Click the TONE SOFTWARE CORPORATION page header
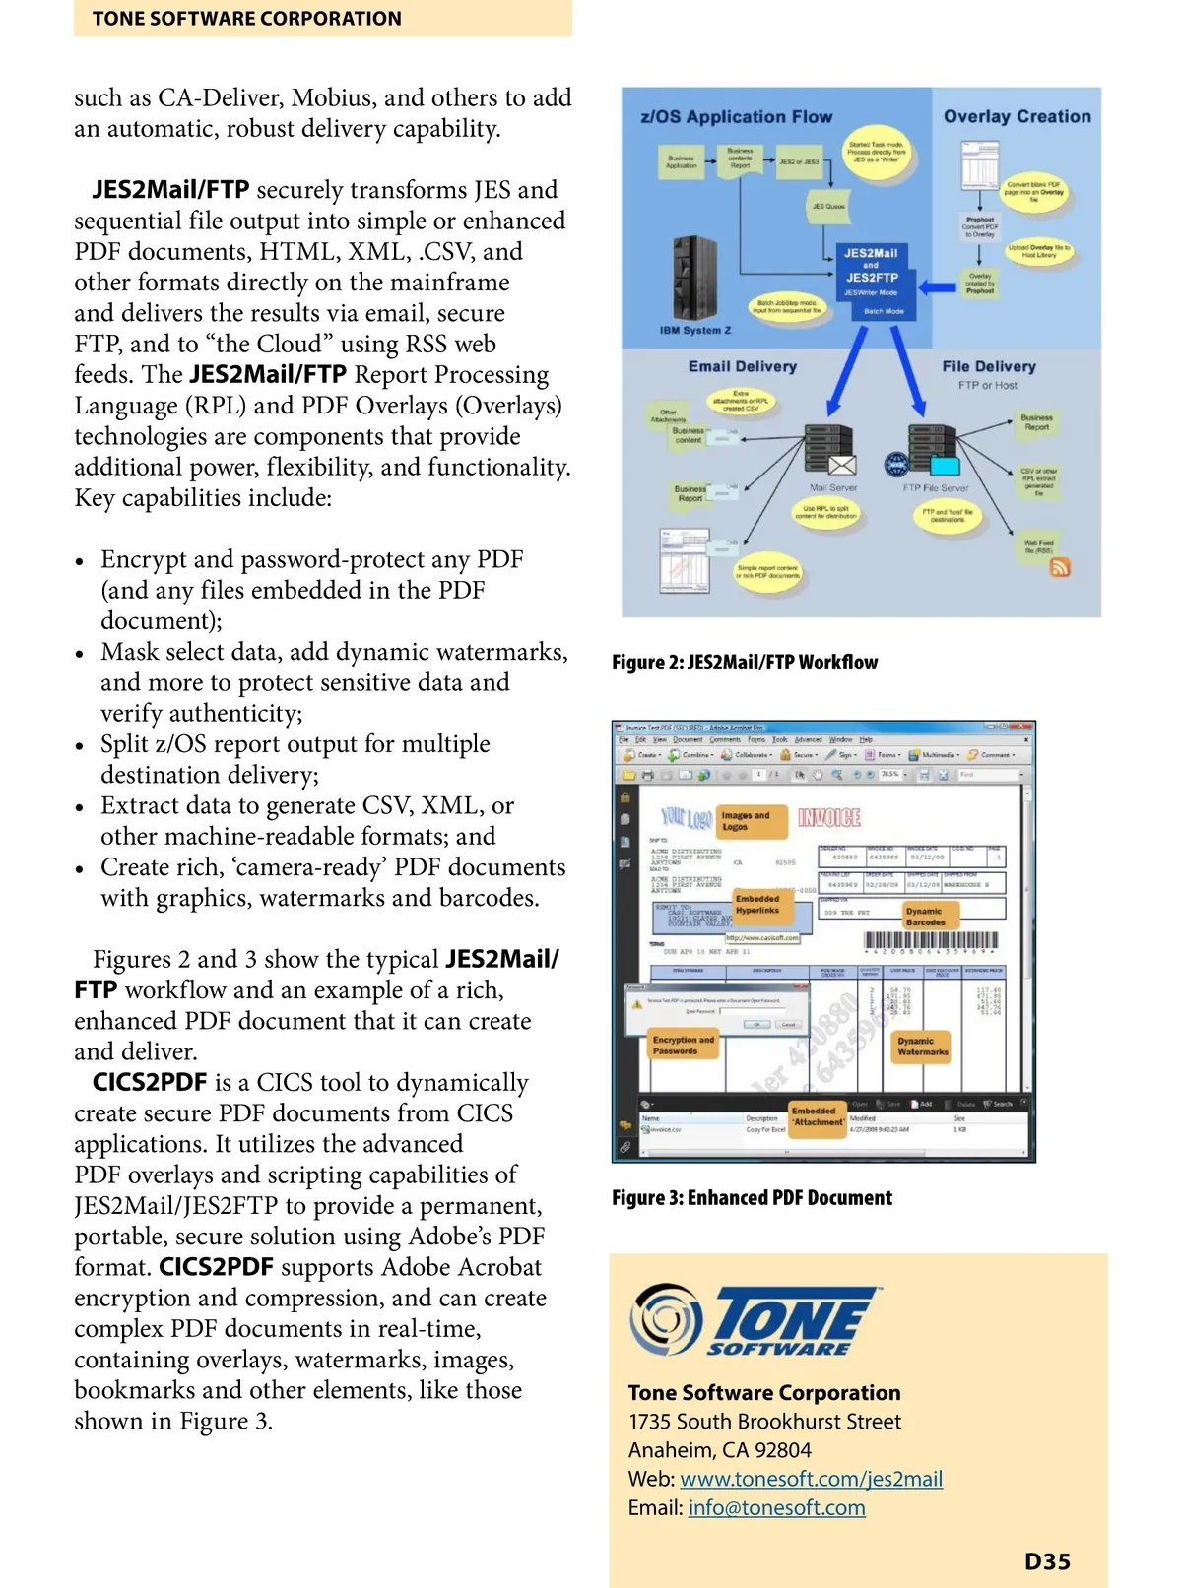point(246,19)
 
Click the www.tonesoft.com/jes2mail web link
point(811,1479)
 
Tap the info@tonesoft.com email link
point(776,1507)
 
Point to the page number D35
point(1047,1561)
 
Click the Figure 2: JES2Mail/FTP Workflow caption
point(745,663)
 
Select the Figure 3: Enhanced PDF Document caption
point(752,1198)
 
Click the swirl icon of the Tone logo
point(666,1318)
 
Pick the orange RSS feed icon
point(1060,567)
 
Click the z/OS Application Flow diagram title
point(737,117)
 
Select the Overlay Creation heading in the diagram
point(1017,117)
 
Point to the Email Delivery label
point(743,366)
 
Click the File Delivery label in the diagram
point(989,366)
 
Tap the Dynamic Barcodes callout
point(926,917)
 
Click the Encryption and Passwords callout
point(683,1046)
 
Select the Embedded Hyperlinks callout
point(757,904)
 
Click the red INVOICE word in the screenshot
point(829,817)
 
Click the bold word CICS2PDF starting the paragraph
point(150,1083)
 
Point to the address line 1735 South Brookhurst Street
point(764,1422)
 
